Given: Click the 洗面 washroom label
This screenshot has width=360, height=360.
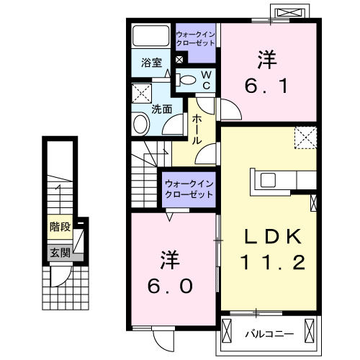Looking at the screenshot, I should [161, 109].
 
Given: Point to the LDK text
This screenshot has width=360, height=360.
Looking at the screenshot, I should [268, 238].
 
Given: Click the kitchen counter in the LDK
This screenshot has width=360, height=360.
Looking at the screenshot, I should [274, 181].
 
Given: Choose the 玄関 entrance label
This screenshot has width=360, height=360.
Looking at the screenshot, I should [59, 253].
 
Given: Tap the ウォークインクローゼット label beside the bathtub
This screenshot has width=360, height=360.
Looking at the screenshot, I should [195, 37].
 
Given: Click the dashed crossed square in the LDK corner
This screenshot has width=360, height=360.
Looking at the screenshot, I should [305, 135].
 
